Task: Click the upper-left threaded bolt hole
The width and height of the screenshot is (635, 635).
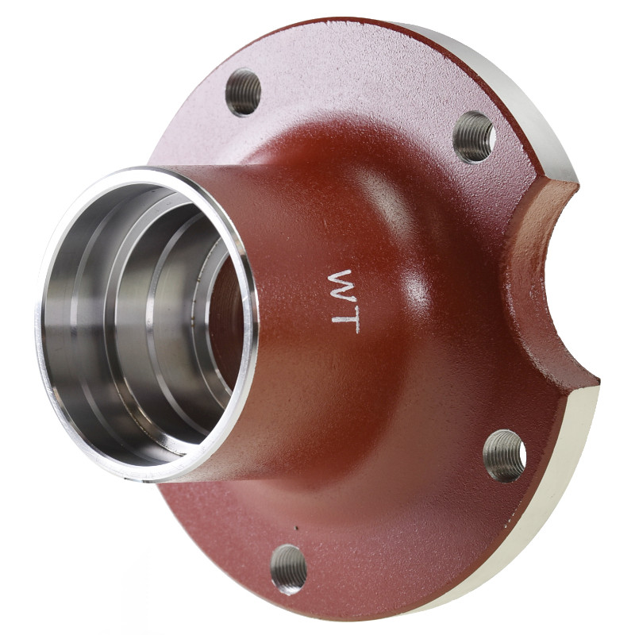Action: pos(243,92)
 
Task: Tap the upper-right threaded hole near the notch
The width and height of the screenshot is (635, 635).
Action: pos(474,137)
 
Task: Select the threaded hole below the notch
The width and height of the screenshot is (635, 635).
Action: pos(505,456)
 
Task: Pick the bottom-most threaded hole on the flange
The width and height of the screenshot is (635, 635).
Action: pos(288,569)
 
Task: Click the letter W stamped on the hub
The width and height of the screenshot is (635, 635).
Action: pos(341,285)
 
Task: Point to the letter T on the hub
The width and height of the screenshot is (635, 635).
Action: pos(346,319)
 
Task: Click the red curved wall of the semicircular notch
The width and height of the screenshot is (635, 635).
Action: pos(526,283)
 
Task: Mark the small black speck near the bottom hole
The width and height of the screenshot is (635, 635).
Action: pos(296,528)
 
